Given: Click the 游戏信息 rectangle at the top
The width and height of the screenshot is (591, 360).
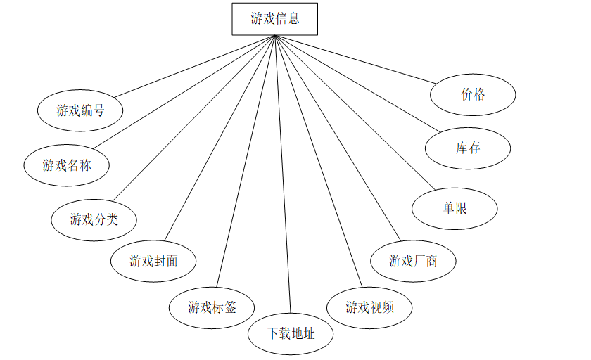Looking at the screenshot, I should [275, 19].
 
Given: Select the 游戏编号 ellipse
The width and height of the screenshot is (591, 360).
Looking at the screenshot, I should [80, 110].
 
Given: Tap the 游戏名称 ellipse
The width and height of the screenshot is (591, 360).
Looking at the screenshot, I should [67, 165].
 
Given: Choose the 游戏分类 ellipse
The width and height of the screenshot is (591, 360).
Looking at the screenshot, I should [94, 219].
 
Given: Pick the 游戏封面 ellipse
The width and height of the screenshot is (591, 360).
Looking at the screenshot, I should [153, 262].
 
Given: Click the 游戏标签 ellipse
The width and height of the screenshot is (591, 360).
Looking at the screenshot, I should [212, 307].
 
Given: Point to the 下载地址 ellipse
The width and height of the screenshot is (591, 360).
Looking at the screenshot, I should [291, 333].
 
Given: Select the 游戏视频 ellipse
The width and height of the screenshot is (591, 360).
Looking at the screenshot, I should [369, 307].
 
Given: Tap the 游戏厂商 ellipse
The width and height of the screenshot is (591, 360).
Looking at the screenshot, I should [413, 262].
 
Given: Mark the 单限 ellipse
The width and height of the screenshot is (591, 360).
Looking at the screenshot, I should [455, 208].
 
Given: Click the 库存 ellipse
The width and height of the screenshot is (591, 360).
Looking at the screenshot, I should [468, 148].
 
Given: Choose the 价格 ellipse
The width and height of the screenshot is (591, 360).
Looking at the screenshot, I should [473, 94].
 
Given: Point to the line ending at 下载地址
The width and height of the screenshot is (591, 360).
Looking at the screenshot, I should [282, 176].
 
